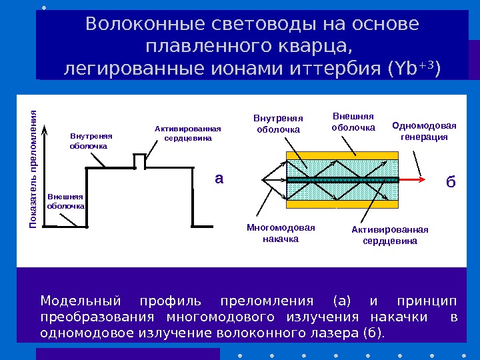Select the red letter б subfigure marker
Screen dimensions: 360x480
pyautogui.click(x=451, y=181)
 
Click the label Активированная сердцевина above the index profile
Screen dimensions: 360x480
pyautogui.click(x=187, y=133)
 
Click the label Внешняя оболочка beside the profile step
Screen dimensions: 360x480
pyautogui.click(x=65, y=201)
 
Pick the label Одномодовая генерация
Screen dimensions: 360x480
pyautogui.click(x=424, y=131)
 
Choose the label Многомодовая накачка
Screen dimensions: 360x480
pyautogui.click(x=281, y=233)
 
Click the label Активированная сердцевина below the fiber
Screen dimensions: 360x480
pyautogui.click(x=390, y=235)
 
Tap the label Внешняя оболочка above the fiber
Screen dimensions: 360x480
pyautogui.click(x=353, y=122)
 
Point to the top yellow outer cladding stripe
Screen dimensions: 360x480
pyautogui.click(x=342, y=155)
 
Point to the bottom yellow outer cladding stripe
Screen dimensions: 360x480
pyautogui.click(x=342, y=205)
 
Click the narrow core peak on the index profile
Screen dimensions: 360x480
pyautogui.click(x=139, y=161)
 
